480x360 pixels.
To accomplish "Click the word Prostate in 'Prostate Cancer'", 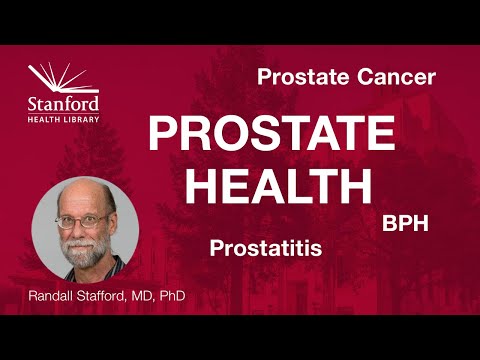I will (x=297, y=77).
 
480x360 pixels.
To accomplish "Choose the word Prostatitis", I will (x=266, y=247).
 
